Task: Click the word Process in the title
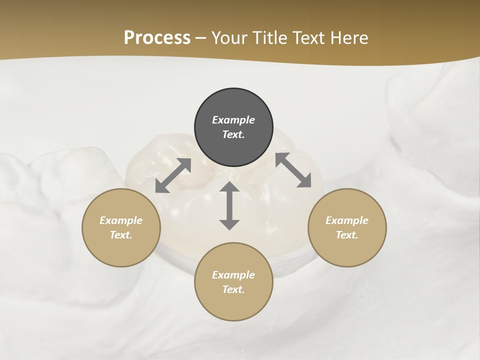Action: coord(157,38)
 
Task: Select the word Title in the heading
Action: coord(269,38)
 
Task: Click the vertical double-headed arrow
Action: coord(229,206)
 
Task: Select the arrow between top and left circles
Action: coord(173,175)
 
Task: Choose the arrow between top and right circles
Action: coord(293,170)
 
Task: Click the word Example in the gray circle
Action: coord(233,120)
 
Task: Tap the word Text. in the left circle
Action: coord(121,235)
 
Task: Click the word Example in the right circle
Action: coord(347,220)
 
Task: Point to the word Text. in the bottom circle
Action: coord(233,289)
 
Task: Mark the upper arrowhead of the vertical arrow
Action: coord(229,187)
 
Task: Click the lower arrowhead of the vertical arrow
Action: coord(229,224)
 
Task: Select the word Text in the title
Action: coord(308,38)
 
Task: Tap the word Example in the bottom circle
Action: coord(233,275)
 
